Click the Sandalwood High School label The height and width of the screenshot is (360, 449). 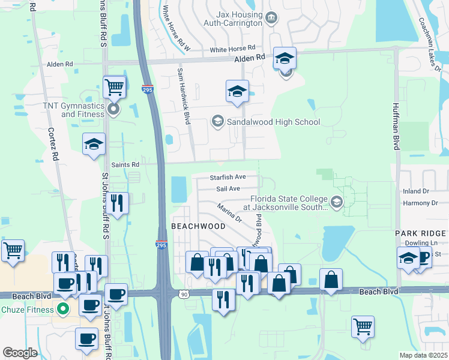[273, 122]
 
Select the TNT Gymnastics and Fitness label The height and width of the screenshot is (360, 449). [73, 110]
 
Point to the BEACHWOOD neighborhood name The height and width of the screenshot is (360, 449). [198, 226]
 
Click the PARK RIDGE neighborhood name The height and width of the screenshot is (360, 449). [420, 233]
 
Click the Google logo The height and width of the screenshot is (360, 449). [20, 353]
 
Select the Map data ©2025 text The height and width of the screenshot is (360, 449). [423, 355]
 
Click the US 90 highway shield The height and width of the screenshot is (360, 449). [183, 293]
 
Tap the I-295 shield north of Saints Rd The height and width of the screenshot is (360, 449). [148, 89]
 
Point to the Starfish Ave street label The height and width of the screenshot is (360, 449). [228, 177]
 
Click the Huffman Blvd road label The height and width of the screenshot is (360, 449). [396, 135]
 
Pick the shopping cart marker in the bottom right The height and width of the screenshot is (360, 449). [363, 327]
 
